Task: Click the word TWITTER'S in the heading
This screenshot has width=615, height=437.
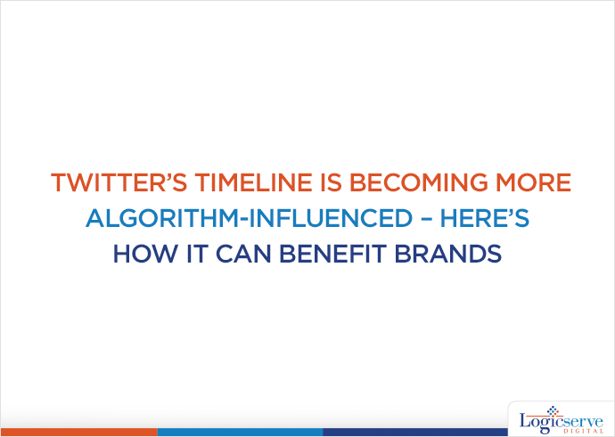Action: tap(103, 183)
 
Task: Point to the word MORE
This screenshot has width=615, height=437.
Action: tap(533, 183)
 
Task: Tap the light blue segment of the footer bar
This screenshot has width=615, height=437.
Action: tap(240, 433)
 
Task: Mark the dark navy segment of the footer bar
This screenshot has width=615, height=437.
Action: tap(410, 433)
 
